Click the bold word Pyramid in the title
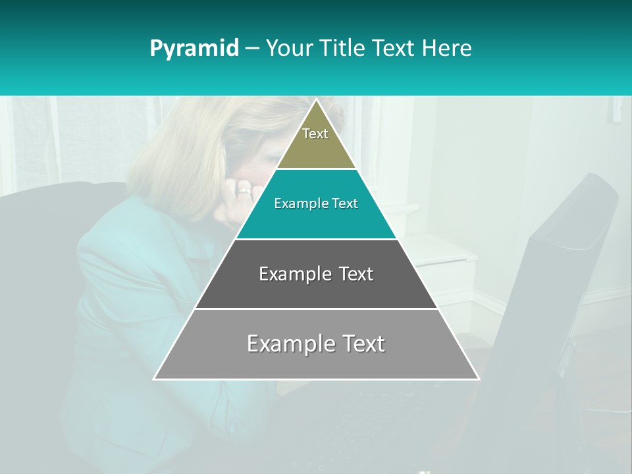(194, 49)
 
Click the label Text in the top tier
(315, 134)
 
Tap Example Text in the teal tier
(316, 203)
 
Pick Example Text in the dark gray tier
(316, 274)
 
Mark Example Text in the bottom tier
(316, 344)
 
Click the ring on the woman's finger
(244, 191)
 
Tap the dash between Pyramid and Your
(252, 49)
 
